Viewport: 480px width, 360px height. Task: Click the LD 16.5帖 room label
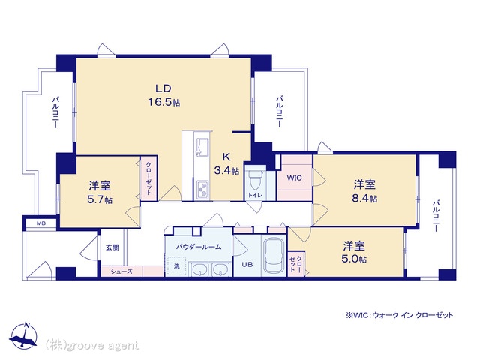163,95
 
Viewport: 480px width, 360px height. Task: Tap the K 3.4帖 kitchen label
226,163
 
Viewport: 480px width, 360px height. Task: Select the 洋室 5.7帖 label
100,193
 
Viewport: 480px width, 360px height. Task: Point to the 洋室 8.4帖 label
364,192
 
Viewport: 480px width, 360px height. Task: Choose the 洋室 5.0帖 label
354,252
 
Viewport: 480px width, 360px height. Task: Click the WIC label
294,178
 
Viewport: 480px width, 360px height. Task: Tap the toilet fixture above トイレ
255,180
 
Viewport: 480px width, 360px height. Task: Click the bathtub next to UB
274,255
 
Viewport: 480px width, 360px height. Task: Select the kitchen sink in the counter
202,145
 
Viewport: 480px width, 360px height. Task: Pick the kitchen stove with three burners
202,190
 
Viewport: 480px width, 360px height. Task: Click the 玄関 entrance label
112,247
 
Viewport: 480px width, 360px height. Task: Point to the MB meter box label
41,223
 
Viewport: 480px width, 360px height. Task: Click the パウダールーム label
198,247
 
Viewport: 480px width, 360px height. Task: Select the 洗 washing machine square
177,266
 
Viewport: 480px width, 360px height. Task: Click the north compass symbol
23,336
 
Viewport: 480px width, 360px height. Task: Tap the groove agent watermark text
92,346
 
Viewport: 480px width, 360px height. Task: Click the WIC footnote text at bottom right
400,315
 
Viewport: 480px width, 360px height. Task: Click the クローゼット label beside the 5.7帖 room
148,178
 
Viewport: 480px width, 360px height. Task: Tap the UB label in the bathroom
247,264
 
